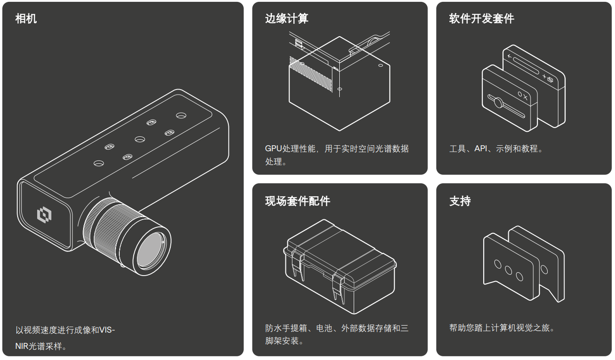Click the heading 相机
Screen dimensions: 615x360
(x=26, y=19)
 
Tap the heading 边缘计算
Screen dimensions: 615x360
(x=287, y=19)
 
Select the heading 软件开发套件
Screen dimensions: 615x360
(x=482, y=19)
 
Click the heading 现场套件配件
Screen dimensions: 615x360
(x=298, y=201)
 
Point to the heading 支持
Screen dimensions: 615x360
(x=460, y=201)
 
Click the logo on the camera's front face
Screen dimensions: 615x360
(x=44, y=215)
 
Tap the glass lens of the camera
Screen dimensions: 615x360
(x=151, y=250)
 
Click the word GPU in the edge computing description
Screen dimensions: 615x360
(x=273, y=148)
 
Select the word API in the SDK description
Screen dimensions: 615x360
(x=481, y=148)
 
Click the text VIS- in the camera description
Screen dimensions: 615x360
(x=107, y=329)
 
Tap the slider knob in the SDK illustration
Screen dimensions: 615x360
(x=498, y=103)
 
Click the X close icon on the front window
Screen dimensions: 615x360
(x=525, y=97)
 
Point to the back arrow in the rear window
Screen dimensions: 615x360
(x=510, y=57)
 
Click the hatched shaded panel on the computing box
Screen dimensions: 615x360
(x=311, y=74)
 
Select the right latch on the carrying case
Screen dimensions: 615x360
(x=338, y=288)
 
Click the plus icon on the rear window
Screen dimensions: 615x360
(x=544, y=76)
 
